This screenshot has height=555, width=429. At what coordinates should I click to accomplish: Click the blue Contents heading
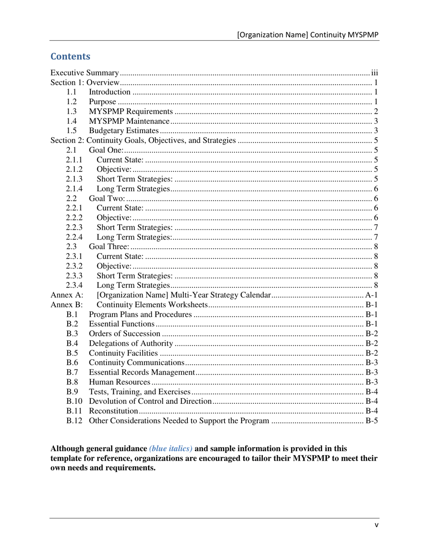tap(70, 56)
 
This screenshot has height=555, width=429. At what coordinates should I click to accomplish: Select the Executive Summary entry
tap(84, 73)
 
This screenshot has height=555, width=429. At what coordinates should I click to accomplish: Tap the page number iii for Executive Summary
tap(374, 73)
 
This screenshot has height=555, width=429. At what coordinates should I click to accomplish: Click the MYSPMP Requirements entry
tap(131, 111)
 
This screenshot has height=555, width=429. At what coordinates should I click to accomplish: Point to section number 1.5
tap(71, 131)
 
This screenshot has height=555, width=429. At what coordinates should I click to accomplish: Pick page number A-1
tap(371, 295)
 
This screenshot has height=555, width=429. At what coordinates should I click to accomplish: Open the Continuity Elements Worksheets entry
tap(152, 305)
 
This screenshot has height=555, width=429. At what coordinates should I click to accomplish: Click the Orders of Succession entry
tap(125, 334)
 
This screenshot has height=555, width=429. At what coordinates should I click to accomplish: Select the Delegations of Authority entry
tap(131, 344)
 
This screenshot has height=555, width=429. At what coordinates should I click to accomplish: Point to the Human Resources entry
tap(117, 383)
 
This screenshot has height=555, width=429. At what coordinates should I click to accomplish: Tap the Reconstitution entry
tap(113, 412)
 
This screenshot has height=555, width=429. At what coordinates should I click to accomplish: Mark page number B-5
tap(371, 421)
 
